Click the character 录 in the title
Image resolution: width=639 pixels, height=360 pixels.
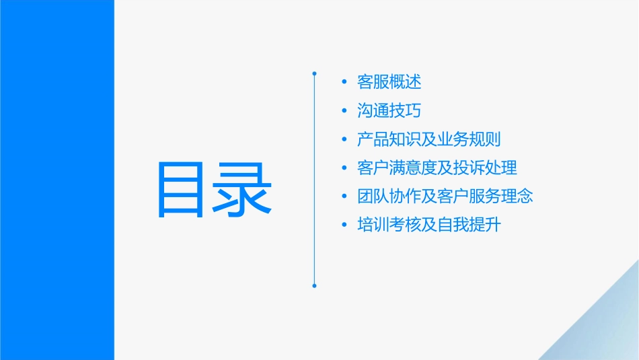244,190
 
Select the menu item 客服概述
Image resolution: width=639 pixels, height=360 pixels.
389,82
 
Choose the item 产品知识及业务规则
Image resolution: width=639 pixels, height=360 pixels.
429,139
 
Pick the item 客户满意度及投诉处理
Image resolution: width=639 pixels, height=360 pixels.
437,168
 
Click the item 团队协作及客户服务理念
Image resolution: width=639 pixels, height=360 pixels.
445,196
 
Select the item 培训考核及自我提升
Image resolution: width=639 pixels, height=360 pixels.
429,225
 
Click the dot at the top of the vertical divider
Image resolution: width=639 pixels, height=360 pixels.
314,73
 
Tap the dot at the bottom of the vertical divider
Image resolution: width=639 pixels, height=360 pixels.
314,286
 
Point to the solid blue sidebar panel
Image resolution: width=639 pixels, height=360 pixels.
57,180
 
